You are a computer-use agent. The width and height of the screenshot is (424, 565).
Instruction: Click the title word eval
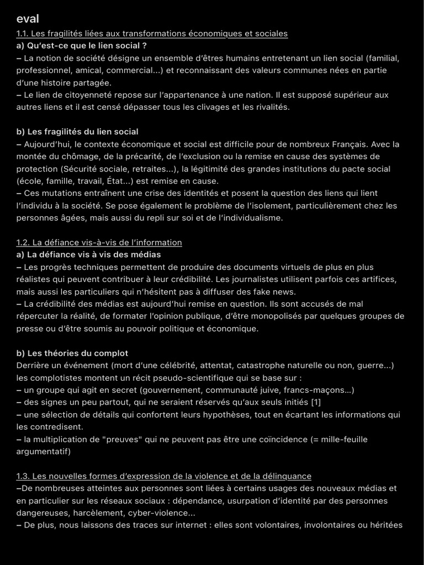tap(28, 19)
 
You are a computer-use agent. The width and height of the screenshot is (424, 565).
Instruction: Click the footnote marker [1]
tap(316, 402)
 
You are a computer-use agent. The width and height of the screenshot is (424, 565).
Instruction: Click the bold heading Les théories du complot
tap(72, 353)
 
